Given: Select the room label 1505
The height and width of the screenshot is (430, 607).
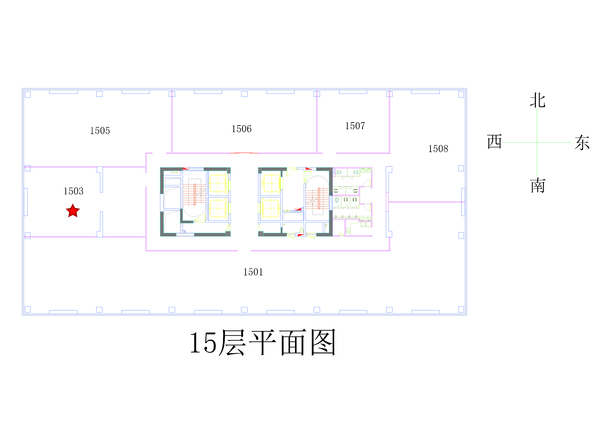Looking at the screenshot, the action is click(x=100, y=131).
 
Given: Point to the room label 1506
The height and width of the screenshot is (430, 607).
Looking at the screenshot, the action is click(x=242, y=129).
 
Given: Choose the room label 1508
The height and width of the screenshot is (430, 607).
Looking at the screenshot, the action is click(x=438, y=149).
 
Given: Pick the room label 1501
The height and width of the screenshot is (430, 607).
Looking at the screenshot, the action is click(x=253, y=272).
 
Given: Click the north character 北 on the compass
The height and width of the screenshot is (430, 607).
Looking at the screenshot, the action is click(x=538, y=100).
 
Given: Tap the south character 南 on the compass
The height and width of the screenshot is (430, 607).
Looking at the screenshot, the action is click(x=538, y=185).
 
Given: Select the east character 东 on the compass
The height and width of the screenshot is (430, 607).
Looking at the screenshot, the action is click(x=582, y=143).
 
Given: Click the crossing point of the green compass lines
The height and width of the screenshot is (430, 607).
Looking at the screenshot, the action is click(x=537, y=143).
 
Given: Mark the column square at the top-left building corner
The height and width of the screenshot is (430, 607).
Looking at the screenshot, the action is click(x=28, y=94).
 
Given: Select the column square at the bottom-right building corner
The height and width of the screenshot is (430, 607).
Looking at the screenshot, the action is click(x=461, y=309).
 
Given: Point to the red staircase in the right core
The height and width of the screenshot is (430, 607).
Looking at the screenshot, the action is click(x=317, y=198).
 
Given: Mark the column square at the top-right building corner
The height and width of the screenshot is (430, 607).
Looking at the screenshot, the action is click(x=461, y=94).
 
